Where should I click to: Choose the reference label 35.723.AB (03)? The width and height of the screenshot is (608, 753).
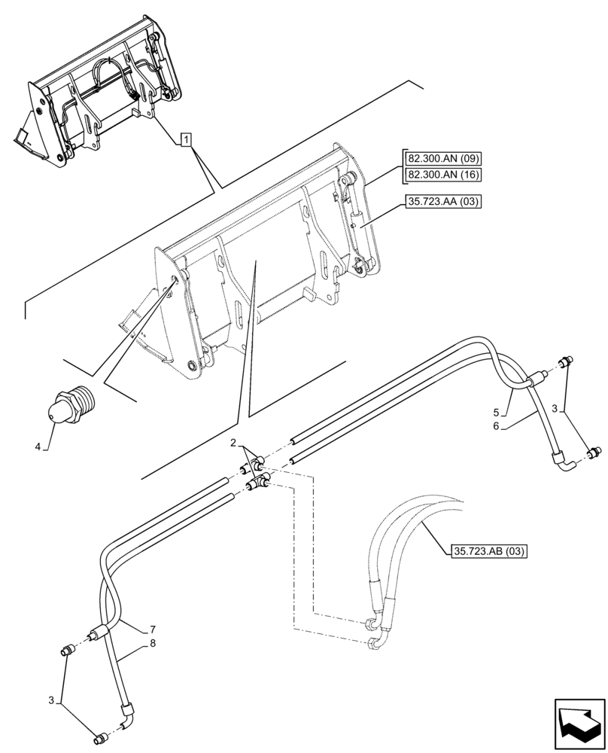(x=490, y=552)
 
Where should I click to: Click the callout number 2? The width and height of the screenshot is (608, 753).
(x=234, y=442)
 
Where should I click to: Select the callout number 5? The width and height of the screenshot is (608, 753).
(x=497, y=412)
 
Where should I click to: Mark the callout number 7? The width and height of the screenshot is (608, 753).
(x=152, y=629)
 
